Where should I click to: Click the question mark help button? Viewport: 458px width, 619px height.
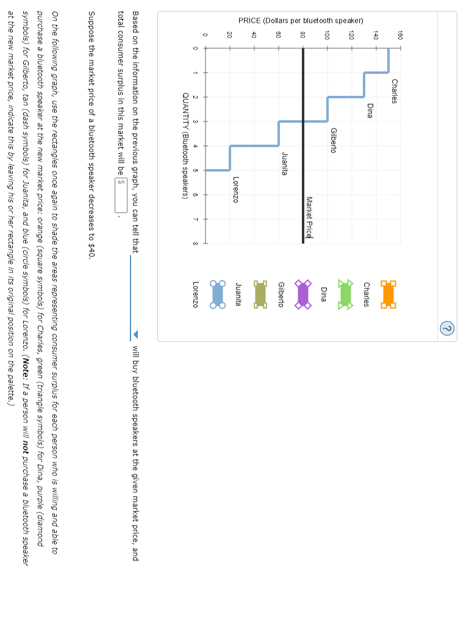pos(447,328)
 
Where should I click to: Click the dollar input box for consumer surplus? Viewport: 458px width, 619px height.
pos(121,182)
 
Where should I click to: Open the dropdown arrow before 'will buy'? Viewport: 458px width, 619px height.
pos(135,334)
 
